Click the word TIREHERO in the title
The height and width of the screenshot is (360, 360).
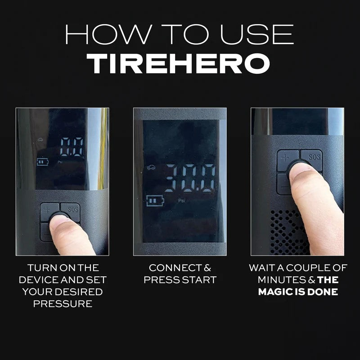pos(178,63)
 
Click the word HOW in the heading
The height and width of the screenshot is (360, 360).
pos(108,34)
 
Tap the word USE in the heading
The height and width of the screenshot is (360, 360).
pos(256,34)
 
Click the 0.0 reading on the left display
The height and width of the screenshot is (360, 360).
pos(72,147)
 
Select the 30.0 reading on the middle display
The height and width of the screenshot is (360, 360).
pos(190,178)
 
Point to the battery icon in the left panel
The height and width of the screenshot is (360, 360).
pos(43,162)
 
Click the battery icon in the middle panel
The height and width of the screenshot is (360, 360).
pos(155,201)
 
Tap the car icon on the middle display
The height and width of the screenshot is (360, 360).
pos(151,167)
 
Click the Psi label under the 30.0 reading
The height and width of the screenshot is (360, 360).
pos(181,201)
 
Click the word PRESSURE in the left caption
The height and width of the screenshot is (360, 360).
pos(63,304)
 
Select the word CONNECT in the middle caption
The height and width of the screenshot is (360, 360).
pos(175,268)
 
